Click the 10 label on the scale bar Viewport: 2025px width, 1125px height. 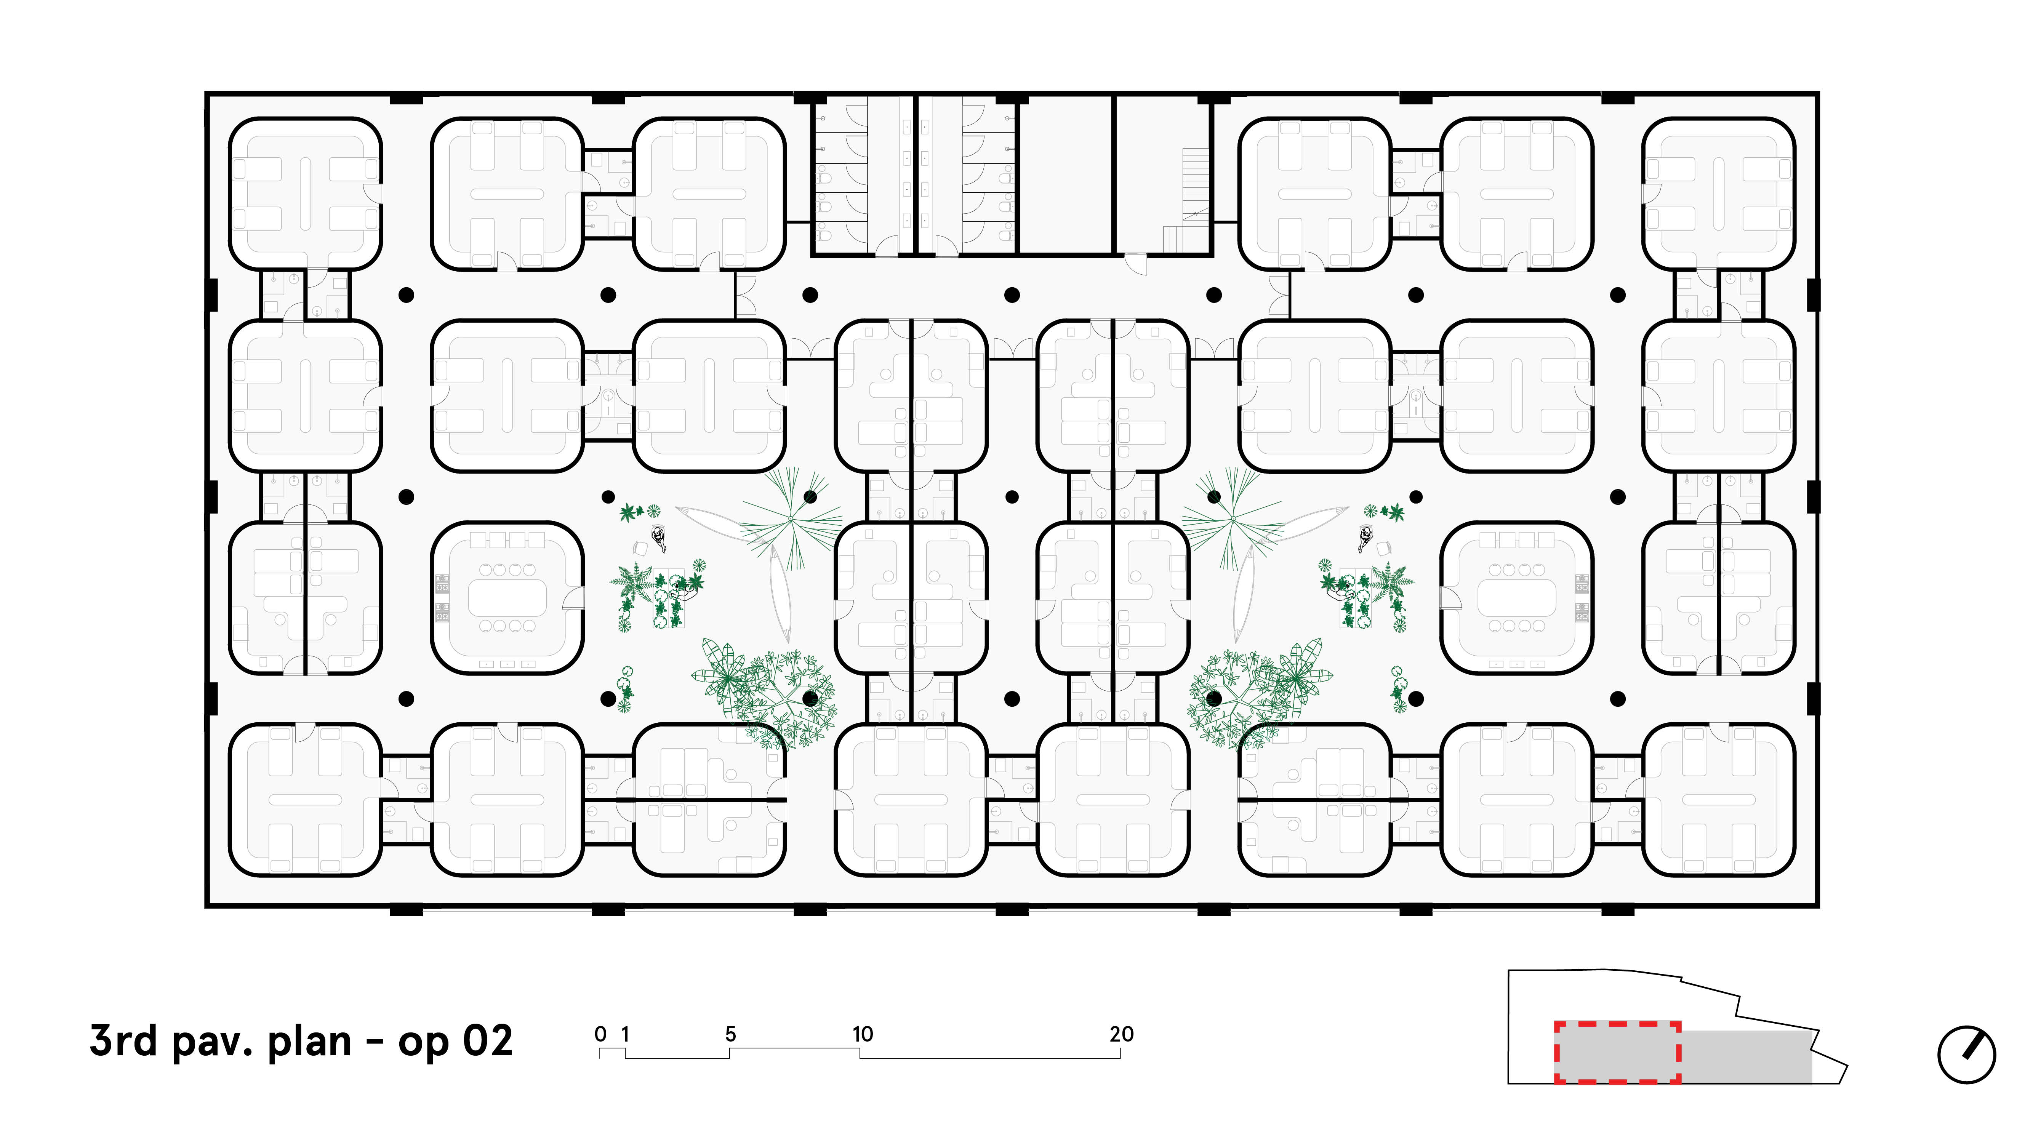[862, 1034]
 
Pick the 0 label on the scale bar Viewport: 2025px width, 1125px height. [600, 1034]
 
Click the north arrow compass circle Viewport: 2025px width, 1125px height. [1966, 1055]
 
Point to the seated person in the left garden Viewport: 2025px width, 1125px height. [659, 539]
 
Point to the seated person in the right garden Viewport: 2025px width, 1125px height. [1365, 539]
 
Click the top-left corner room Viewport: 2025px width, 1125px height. [305, 194]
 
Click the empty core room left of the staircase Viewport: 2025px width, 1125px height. [1066, 174]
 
